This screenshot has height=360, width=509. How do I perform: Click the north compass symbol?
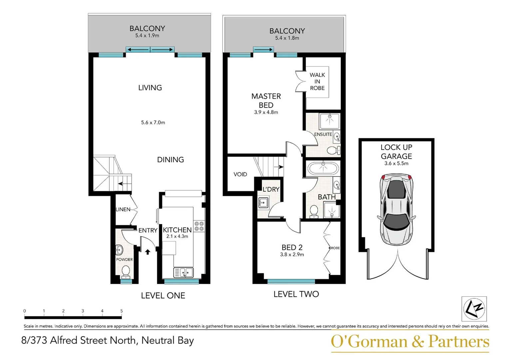[x=474, y=309]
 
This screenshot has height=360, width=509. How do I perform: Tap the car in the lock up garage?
[x=396, y=209]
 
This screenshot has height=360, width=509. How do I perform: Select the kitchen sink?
[x=183, y=272]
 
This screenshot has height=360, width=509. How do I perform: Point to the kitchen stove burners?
[x=199, y=226]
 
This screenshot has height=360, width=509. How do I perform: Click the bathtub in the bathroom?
[x=323, y=168]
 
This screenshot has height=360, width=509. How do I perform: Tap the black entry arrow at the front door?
[x=148, y=252]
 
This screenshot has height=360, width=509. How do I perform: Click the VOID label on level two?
[x=240, y=174]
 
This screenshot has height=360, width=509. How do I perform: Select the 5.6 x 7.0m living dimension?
[x=153, y=123]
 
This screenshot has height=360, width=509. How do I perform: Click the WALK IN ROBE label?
[x=317, y=81]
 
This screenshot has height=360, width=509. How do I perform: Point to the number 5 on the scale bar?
[x=122, y=311]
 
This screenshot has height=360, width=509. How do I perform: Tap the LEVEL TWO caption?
[x=296, y=294]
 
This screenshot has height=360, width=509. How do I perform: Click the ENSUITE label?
[x=323, y=134]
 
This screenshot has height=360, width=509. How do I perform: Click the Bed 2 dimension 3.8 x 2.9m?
[x=292, y=254]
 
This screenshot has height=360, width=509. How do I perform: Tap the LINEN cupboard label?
[x=123, y=209]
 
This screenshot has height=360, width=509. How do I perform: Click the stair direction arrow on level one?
[x=120, y=184]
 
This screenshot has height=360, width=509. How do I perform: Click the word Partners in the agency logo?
[x=459, y=342]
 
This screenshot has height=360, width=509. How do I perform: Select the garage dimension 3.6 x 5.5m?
[x=396, y=163]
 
